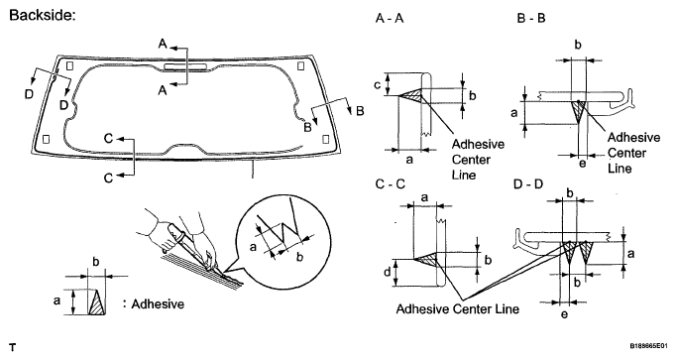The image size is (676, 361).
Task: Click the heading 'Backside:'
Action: coord(43,16)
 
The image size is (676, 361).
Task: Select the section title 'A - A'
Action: coord(390,19)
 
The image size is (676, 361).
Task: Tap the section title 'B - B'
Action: coord(531,19)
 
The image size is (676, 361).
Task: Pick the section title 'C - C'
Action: coord(391,184)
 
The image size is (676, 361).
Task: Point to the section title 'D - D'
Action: coord(528,184)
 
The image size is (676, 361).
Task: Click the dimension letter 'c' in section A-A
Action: coord(378,85)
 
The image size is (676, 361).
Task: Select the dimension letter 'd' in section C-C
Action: coord(388,272)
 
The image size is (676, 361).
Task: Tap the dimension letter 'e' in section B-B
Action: coord(582,164)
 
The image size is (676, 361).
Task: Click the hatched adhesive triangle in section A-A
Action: coord(412,95)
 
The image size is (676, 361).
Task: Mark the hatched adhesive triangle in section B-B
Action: coord(578,111)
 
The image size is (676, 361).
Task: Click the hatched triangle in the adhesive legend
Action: coord(97,302)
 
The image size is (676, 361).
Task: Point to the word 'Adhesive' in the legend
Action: coord(158,304)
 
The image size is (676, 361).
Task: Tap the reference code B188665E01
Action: coord(650,346)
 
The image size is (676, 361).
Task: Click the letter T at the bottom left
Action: coord(13,347)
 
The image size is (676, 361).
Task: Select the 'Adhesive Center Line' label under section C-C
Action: coord(457,308)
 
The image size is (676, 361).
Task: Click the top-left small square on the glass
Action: coord(70,66)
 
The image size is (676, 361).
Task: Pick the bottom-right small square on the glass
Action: coord(326,139)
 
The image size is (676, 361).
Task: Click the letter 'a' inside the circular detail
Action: coord(254,247)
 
